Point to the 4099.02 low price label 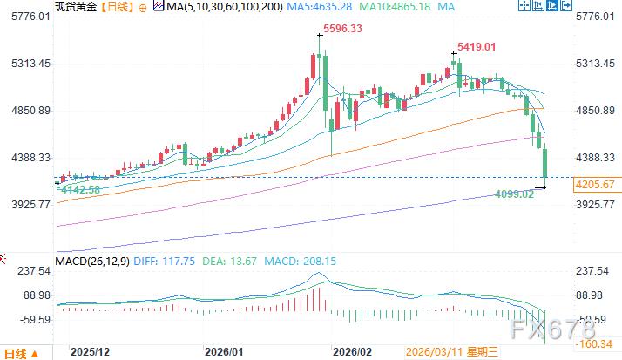pos(513,194)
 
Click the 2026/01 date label pos(223,351)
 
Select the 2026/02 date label pos(355,351)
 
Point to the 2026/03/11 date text pos(433,351)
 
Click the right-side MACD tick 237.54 pos(597,271)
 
